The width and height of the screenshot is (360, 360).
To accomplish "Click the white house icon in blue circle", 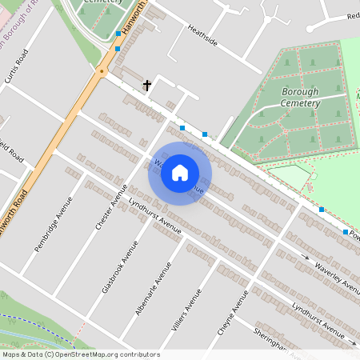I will [x=180, y=172].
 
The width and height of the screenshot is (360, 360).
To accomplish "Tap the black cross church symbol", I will [x=147, y=84].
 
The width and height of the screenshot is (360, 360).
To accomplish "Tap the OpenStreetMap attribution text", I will [x=81, y=354].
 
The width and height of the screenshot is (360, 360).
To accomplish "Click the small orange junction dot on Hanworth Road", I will [x=101, y=71].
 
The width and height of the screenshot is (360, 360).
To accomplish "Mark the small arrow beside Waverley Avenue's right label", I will [x=304, y=257].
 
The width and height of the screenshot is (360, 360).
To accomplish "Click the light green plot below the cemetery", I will [x=290, y=176].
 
